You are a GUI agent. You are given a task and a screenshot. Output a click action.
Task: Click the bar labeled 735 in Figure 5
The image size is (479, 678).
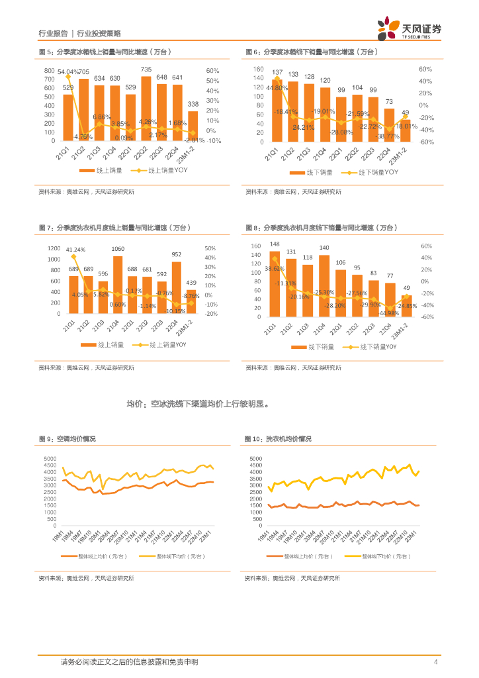pos(146,109)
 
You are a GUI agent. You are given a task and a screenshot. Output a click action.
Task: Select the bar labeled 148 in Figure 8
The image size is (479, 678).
pos(275,282)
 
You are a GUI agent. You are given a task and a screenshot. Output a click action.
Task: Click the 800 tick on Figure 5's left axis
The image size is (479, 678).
pos(50,70)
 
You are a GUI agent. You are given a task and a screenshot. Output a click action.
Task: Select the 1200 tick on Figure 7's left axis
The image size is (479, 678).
pos(54,248)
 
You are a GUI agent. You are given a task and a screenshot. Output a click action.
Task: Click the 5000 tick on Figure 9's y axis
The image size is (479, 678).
pos(50,459)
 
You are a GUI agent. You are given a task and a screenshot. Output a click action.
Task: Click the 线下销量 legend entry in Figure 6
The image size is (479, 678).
pos(315,172)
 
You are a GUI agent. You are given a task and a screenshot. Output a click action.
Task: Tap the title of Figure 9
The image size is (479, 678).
pos(67,439)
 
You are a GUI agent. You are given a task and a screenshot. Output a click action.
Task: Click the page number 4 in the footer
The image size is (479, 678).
pos(435,662)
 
